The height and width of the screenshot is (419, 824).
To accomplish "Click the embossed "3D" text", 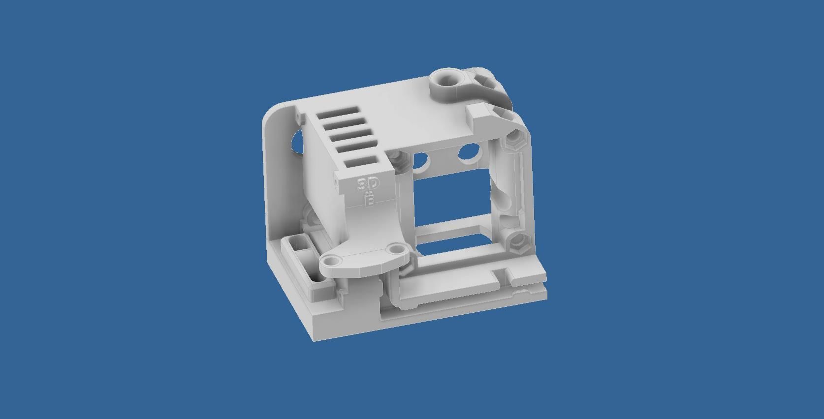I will point(368,184).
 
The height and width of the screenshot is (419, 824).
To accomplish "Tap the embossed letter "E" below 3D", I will point(369,200).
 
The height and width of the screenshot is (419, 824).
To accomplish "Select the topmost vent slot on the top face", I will point(339,114).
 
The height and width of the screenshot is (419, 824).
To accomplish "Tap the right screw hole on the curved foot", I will point(395,251).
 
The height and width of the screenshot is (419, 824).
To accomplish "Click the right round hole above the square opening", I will point(469,152).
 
